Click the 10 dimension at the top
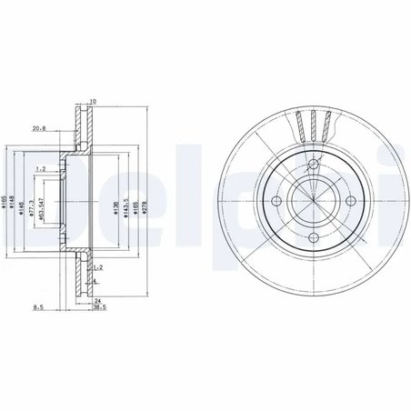[x=93, y=102]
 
